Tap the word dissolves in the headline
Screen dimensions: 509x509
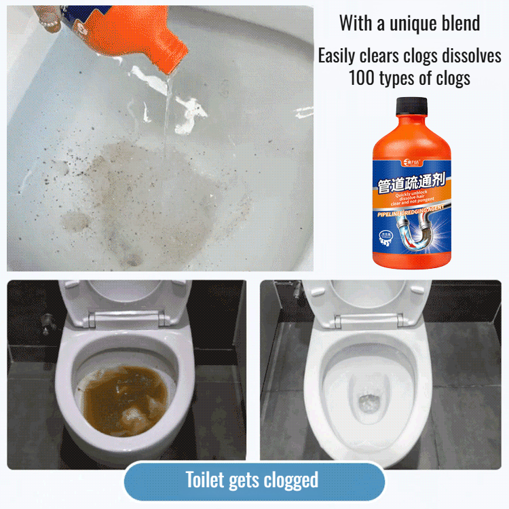coord(470,56)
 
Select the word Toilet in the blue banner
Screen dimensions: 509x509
coord(206,480)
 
